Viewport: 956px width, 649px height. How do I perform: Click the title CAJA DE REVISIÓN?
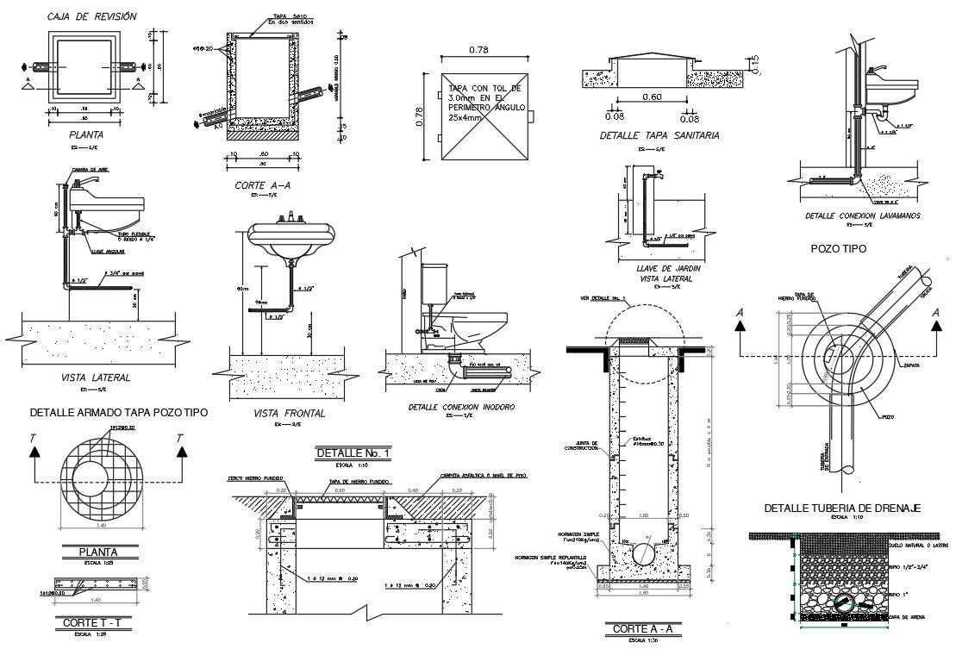click(91, 16)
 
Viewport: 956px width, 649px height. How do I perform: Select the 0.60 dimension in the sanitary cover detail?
click(651, 97)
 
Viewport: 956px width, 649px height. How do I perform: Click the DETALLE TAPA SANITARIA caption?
click(659, 135)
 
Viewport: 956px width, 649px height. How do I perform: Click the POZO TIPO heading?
click(838, 248)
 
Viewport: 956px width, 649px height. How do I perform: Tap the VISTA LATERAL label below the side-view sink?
click(95, 378)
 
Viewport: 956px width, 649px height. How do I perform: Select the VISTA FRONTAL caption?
click(289, 414)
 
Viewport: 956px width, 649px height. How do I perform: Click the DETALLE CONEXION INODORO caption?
click(461, 406)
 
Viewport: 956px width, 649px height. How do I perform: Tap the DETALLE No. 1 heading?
click(353, 453)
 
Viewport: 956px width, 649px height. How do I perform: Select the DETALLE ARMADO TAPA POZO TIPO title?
click(118, 413)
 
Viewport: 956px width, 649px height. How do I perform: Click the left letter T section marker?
click(33, 440)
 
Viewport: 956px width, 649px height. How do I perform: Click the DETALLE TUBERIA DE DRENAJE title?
click(843, 509)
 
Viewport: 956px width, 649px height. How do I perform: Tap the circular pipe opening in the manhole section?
click(642, 552)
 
